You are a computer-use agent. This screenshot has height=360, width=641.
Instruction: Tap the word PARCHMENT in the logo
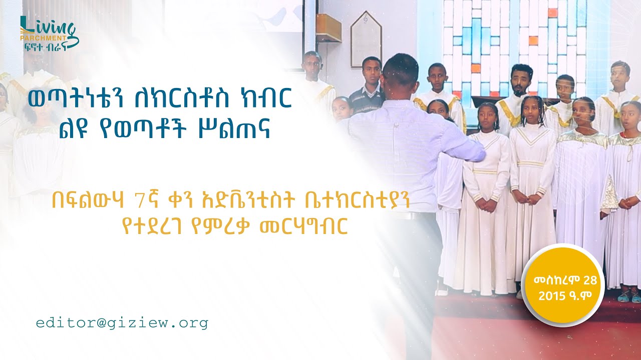coord(43,38)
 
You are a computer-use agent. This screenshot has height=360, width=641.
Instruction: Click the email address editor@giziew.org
coord(122,323)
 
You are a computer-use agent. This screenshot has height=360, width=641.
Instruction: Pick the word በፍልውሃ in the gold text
coord(88,201)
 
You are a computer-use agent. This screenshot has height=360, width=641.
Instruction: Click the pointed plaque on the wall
coord(367,39)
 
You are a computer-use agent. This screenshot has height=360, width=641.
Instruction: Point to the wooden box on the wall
coord(329,28)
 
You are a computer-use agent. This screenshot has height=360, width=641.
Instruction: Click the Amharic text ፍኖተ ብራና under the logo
coord(46,47)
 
